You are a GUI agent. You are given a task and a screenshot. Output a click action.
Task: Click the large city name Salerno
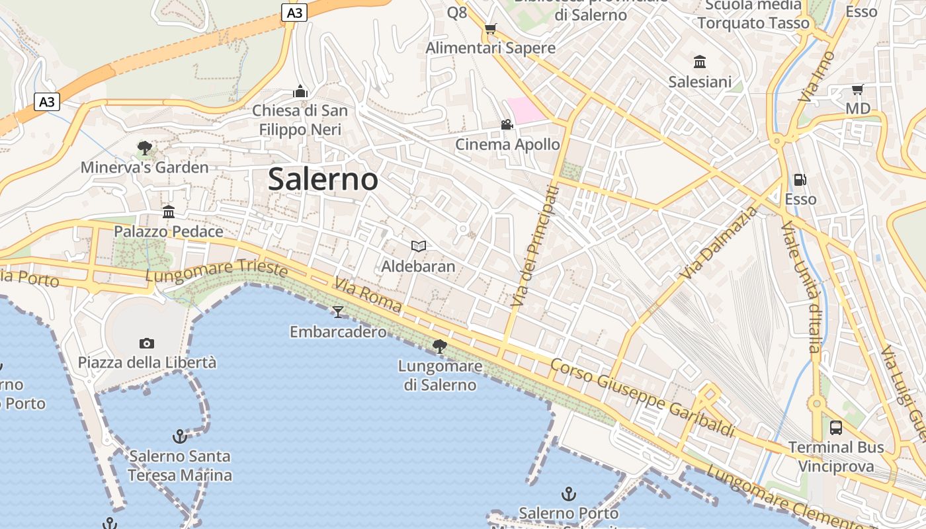click(x=323, y=179)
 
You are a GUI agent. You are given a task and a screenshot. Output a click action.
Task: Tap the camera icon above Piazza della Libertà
click(x=147, y=343)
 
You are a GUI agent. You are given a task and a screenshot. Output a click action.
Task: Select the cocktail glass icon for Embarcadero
click(x=338, y=311)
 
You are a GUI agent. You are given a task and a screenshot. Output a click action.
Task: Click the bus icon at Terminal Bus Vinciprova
click(x=836, y=427)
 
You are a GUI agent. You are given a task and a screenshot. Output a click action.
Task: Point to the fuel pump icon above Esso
click(x=800, y=180)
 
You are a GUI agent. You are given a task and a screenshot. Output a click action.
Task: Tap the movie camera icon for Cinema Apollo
click(x=507, y=124)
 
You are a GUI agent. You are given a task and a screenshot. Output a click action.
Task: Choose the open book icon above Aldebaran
click(x=418, y=247)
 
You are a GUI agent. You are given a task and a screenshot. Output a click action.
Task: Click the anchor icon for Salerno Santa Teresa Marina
click(x=179, y=436)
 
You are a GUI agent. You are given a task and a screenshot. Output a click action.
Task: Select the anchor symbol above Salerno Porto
click(x=568, y=493)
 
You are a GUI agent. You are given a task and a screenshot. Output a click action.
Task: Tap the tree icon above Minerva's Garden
click(x=144, y=147)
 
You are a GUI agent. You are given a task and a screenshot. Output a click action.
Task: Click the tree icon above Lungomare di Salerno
click(x=439, y=346)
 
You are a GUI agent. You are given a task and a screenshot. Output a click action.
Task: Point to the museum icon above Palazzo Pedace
click(x=169, y=212)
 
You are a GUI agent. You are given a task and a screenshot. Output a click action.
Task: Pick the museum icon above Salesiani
click(x=700, y=62)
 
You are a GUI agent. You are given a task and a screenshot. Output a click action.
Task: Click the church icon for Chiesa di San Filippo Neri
click(x=300, y=91)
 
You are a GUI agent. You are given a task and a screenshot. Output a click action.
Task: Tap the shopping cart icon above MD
click(x=858, y=89)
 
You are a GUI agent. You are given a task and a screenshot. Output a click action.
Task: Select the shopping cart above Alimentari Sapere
click(x=490, y=28)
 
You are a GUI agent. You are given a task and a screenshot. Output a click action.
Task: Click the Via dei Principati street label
click(x=535, y=246)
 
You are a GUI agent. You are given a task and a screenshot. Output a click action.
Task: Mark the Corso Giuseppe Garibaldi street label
click(x=642, y=398)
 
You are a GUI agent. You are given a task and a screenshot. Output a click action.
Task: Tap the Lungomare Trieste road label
click(x=217, y=270)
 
